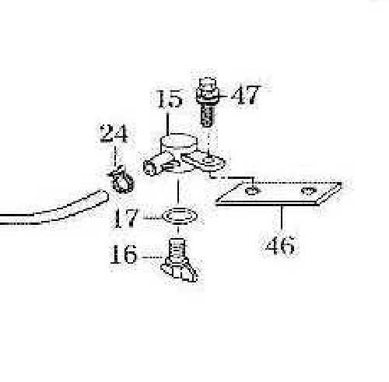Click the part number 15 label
(x=170, y=100)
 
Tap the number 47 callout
(x=245, y=95)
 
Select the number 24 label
(x=114, y=134)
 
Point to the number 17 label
(x=125, y=218)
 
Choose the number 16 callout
(x=124, y=254)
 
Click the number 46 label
(x=281, y=245)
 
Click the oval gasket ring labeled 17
(x=180, y=216)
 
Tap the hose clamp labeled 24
(x=121, y=180)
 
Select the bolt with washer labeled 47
(x=207, y=102)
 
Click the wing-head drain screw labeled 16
(x=179, y=260)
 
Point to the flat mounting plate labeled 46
(x=279, y=194)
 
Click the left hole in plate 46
(x=251, y=191)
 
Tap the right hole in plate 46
(x=309, y=191)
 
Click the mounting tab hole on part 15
(x=209, y=161)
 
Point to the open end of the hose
(x=103, y=196)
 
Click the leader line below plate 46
(x=282, y=217)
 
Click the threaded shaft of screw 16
(x=177, y=248)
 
